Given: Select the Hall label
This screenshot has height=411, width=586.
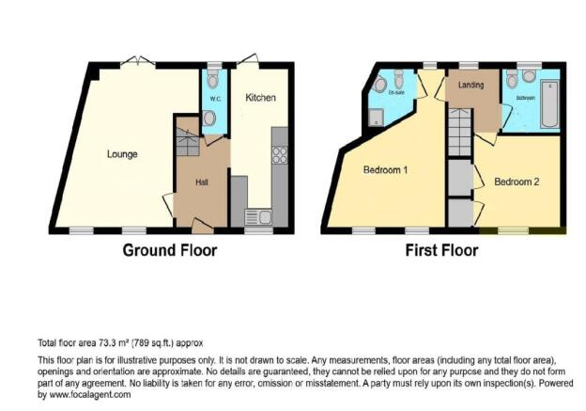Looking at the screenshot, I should pos(201,182).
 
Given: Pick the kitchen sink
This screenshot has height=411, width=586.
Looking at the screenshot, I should pos(256,216).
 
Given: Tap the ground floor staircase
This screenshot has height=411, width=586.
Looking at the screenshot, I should pos(187,143).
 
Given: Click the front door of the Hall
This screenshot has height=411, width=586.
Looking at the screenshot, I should pos(202,225).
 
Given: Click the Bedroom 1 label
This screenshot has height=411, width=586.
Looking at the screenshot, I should pos(385,171).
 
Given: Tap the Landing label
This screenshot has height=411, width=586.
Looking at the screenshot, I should pos(470,86).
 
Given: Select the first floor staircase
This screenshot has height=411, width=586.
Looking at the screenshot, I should pos(458,132).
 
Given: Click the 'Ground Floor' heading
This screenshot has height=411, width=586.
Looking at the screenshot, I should pos(170,251).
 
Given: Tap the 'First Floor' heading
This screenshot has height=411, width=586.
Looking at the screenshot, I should pos(440,251).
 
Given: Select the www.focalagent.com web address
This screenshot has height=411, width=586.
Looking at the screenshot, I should pos(92,395).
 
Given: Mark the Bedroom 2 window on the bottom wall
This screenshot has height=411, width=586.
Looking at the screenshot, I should pos(512,230).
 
